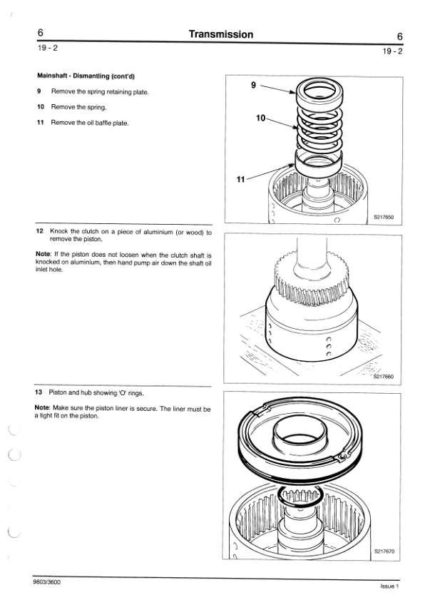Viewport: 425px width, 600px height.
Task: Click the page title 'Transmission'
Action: click(x=221, y=34)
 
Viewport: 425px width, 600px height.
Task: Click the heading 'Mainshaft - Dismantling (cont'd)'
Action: click(x=86, y=76)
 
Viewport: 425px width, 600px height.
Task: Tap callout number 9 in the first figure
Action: click(x=253, y=85)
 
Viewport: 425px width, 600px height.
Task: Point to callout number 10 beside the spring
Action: click(x=260, y=118)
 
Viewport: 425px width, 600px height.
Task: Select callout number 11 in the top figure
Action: click(x=240, y=179)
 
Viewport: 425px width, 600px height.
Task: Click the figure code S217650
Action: click(x=384, y=217)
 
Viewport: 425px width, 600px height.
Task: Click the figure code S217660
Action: click(x=384, y=377)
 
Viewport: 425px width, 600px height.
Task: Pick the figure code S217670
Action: click(x=384, y=551)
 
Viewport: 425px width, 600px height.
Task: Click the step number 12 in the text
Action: click(x=39, y=230)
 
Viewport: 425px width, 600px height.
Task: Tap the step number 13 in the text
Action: click(x=39, y=392)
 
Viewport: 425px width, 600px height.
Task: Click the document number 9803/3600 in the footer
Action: click(x=47, y=582)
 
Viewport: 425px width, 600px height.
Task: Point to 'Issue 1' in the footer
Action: click(x=390, y=586)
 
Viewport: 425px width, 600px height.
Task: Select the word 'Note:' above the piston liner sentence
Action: click(x=42, y=408)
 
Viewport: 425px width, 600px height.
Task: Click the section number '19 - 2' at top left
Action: click(x=48, y=48)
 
